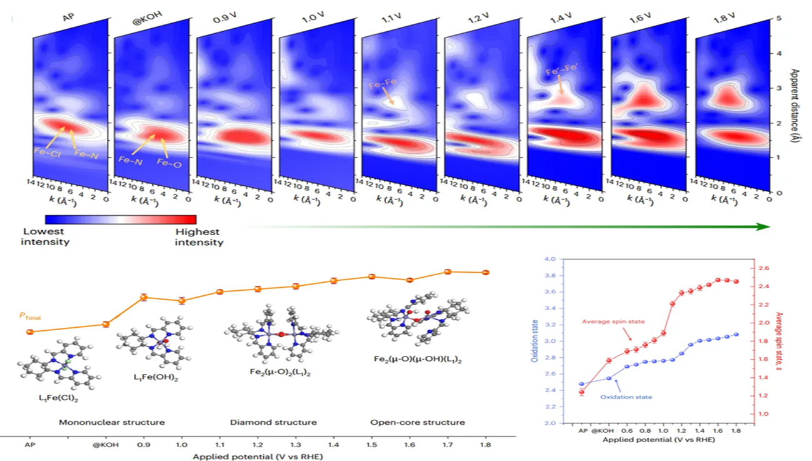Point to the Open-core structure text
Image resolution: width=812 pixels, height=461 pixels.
(x=418, y=422)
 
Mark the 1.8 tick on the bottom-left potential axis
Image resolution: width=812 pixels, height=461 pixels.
(x=484, y=445)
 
